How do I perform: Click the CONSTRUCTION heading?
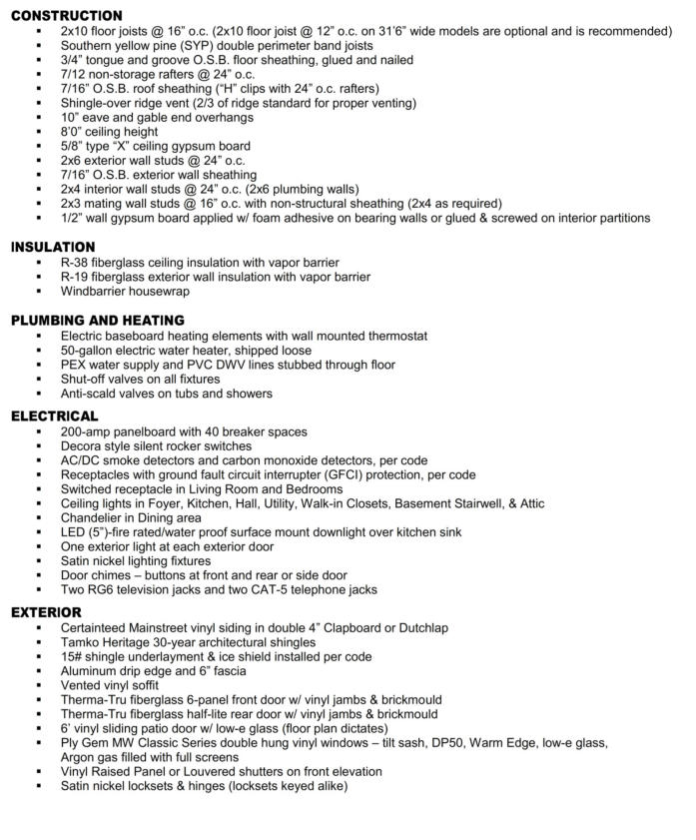67,15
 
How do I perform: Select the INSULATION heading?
53,247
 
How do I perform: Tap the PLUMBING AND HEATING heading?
98,321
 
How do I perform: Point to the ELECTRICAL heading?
55,416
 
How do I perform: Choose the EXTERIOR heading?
47,611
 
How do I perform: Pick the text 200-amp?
87,431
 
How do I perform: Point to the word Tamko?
82,642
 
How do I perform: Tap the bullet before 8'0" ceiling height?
37,132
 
